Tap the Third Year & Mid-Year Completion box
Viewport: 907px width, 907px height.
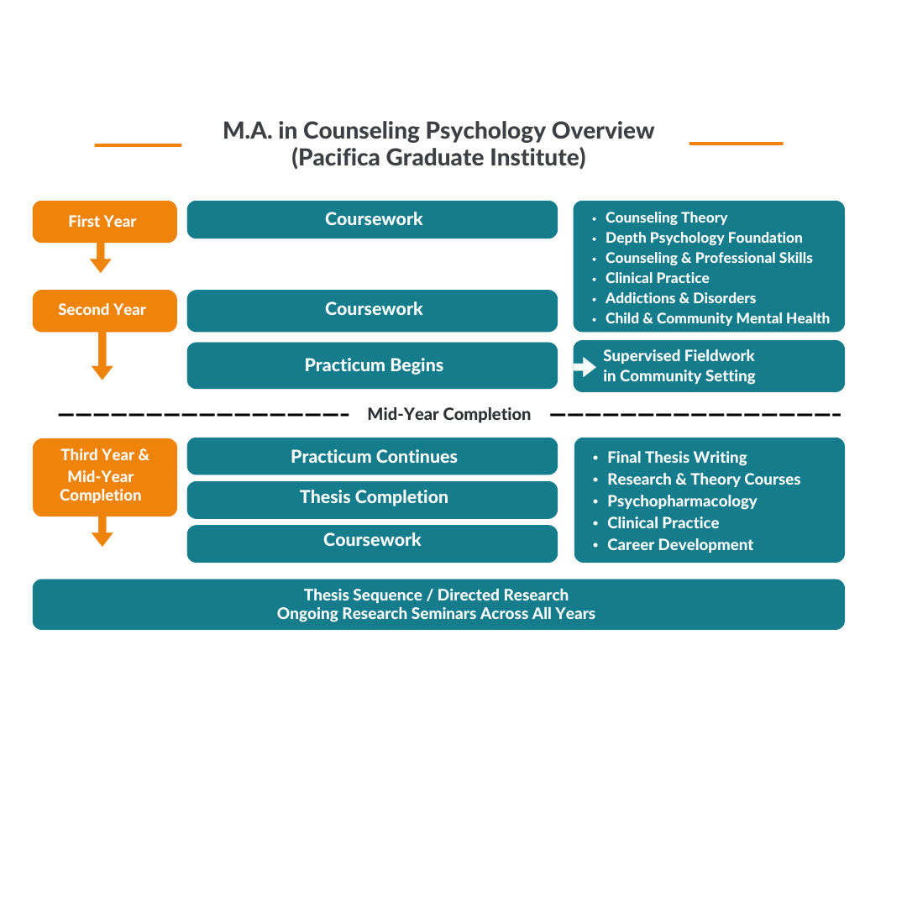click(x=105, y=476)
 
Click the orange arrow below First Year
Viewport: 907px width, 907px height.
click(x=101, y=258)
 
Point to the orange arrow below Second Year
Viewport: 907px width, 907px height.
click(x=102, y=356)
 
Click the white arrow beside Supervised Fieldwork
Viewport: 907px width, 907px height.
click(x=585, y=367)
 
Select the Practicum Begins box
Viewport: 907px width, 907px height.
click(x=372, y=365)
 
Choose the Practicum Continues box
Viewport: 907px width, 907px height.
click(x=372, y=457)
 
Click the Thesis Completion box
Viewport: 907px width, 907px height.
click(x=372, y=497)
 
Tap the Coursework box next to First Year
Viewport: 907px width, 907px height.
click(x=372, y=219)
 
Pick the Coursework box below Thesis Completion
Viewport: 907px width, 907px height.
click(x=372, y=540)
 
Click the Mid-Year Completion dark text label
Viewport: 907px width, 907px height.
click(x=448, y=414)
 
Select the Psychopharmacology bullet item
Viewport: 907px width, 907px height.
click(x=682, y=501)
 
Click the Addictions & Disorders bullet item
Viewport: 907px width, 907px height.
click(x=680, y=298)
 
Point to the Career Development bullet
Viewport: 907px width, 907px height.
click(x=680, y=545)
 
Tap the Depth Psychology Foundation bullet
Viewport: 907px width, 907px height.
click(x=704, y=238)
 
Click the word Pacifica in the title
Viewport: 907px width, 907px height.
click(x=335, y=158)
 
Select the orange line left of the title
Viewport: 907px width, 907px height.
click(x=138, y=145)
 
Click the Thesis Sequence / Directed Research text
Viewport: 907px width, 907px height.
click(x=436, y=595)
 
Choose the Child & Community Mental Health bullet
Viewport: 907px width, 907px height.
click(x=717, y=318)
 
